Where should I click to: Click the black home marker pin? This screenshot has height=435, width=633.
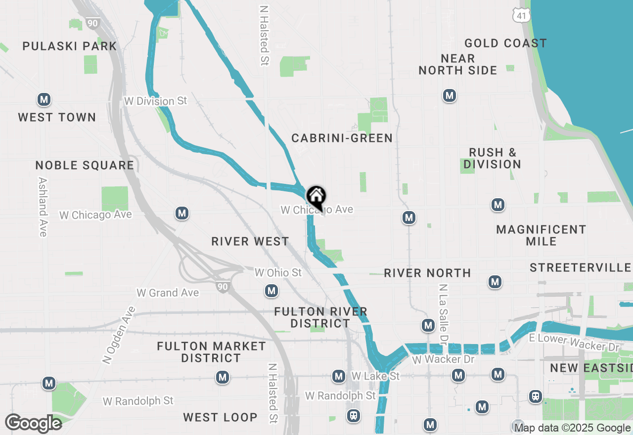(316, 197)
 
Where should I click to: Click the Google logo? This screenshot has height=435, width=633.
(33, 423)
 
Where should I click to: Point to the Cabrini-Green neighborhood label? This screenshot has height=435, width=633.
(342, 138)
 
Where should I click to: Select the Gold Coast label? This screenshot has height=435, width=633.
(505, 43)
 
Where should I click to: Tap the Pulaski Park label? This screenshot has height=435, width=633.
(69, 46)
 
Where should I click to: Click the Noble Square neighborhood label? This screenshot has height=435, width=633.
(85, 165)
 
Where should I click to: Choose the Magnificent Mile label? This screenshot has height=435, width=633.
(541, 235)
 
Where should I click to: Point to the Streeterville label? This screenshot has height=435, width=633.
(580, 268)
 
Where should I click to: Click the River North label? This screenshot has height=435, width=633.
(427, 273)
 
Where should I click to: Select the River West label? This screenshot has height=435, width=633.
(250, 241)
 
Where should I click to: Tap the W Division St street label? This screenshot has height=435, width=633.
(156, 101)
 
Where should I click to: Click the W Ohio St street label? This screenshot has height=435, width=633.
(278, 272)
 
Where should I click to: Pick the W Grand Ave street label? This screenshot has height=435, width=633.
(168, 293)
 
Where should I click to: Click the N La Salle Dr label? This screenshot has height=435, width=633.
(443, 314)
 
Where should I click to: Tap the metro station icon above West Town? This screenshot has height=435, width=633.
(44, 100)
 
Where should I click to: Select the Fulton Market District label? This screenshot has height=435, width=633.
(211, 352)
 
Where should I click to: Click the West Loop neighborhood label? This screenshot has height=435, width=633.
(220, 417)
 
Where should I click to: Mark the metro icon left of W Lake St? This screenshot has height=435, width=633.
(339, 377)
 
